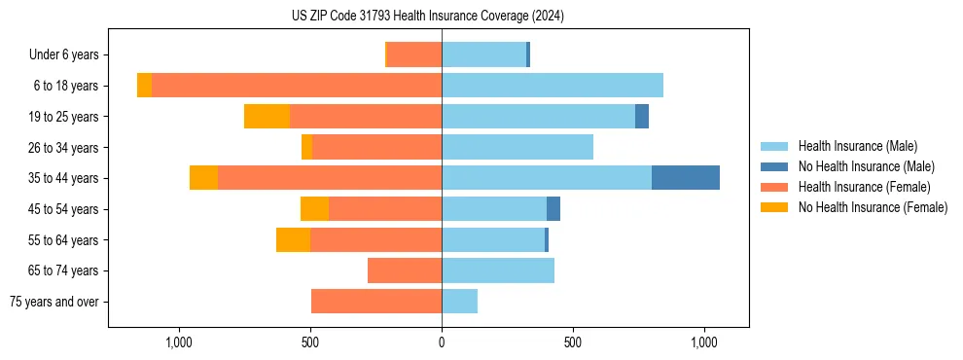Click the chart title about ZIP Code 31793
[x=427, y=17]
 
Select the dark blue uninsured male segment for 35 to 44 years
[x=685, y=178]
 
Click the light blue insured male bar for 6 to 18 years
[x=553, y=86]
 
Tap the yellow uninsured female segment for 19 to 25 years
[x=267, y=117]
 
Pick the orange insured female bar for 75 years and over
[x=376, y=302]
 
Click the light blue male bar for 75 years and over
[x=459, y=302]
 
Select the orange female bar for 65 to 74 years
[x=405, y=270]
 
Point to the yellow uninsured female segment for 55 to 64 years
[x=293, y=240]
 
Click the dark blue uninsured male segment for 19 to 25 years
[x=642, y=117]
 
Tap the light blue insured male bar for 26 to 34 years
[x=517, y=147]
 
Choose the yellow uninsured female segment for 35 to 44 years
[x=203, y=178]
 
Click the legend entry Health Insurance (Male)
[x=857, y=146]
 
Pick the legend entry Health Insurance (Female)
[x=864, y=187]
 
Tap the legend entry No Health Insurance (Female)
[x=873, y=207]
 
